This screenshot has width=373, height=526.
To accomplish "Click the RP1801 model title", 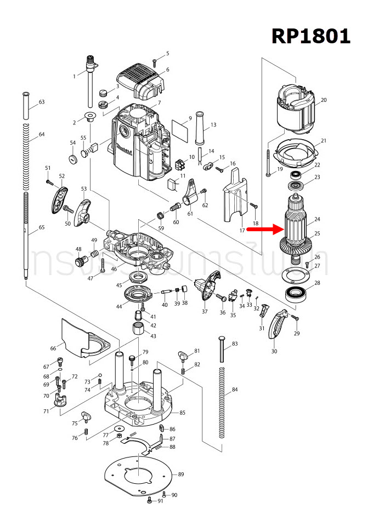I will pos(310,36).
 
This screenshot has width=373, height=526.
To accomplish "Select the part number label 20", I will pos(323,100).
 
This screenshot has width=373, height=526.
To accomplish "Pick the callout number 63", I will pos(41,102).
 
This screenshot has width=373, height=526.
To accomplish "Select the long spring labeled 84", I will pos(222,403).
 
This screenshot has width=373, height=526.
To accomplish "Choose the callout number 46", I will pos(114,270).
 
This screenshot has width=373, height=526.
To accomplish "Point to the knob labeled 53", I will pos(83,211).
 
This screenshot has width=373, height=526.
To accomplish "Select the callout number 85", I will pos(182,413).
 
